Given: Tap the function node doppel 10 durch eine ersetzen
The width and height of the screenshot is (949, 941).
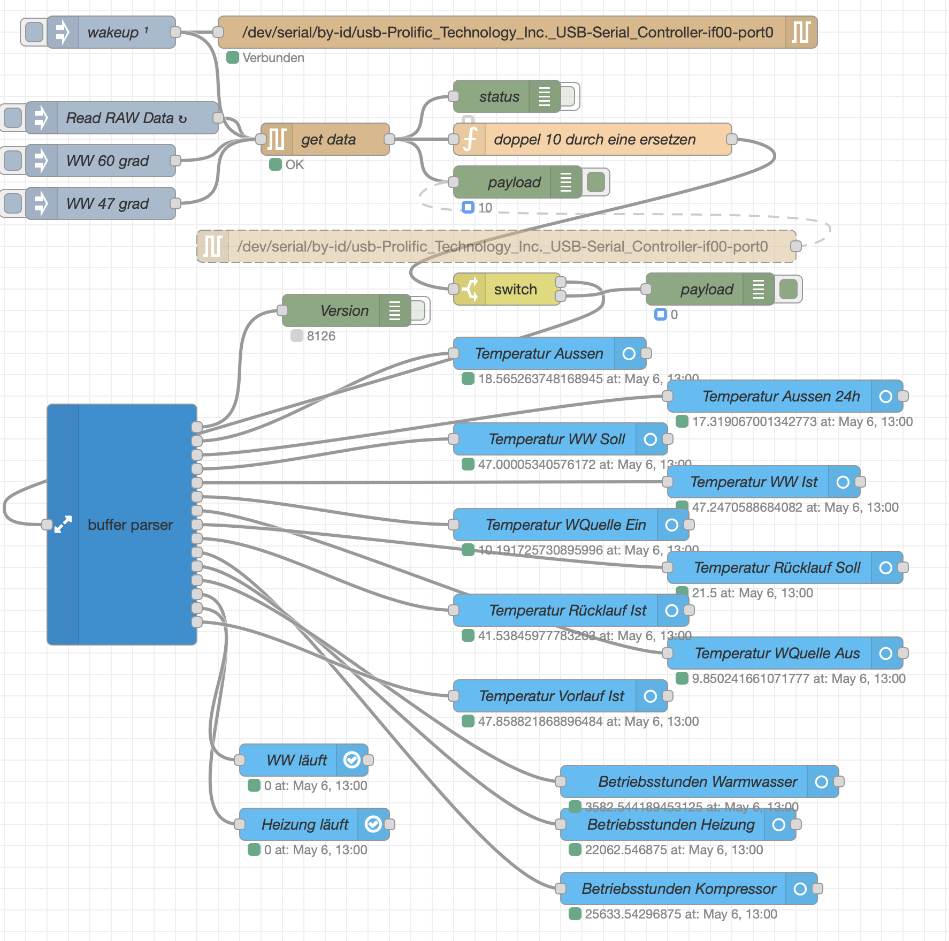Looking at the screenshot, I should tap(594, 139).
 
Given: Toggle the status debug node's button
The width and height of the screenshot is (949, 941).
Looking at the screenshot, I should tap(569, 96).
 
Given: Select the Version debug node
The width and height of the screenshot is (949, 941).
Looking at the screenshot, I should tap(342, 310).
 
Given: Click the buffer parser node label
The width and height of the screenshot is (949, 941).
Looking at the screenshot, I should tap(130, 525).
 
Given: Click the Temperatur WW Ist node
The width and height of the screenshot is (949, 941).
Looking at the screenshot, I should tap(753, 482).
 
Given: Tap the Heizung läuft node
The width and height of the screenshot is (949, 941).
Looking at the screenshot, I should tap(305, 824).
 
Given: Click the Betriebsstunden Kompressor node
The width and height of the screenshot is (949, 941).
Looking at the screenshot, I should tap(678, 889).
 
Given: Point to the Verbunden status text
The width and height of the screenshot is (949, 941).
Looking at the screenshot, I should tap(273, 58).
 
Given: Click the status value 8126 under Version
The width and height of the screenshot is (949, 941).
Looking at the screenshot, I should tap(321, 336).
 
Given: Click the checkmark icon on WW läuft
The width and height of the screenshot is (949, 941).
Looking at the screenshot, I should tap(351, 760).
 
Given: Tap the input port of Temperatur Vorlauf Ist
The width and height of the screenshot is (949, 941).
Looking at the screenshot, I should tap(454, 696).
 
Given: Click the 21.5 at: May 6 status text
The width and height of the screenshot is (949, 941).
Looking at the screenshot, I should tap(752, 593).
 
